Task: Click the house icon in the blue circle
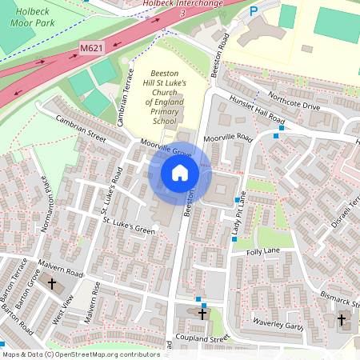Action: (180, 172)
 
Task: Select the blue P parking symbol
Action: (254, 12)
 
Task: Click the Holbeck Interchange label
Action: (182, 4)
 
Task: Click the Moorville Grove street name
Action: (166, 150)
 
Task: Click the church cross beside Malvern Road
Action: (52, 284)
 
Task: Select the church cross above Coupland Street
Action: (202, 314)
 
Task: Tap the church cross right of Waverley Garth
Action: (342, 321)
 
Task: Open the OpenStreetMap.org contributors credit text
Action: (104, 354)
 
